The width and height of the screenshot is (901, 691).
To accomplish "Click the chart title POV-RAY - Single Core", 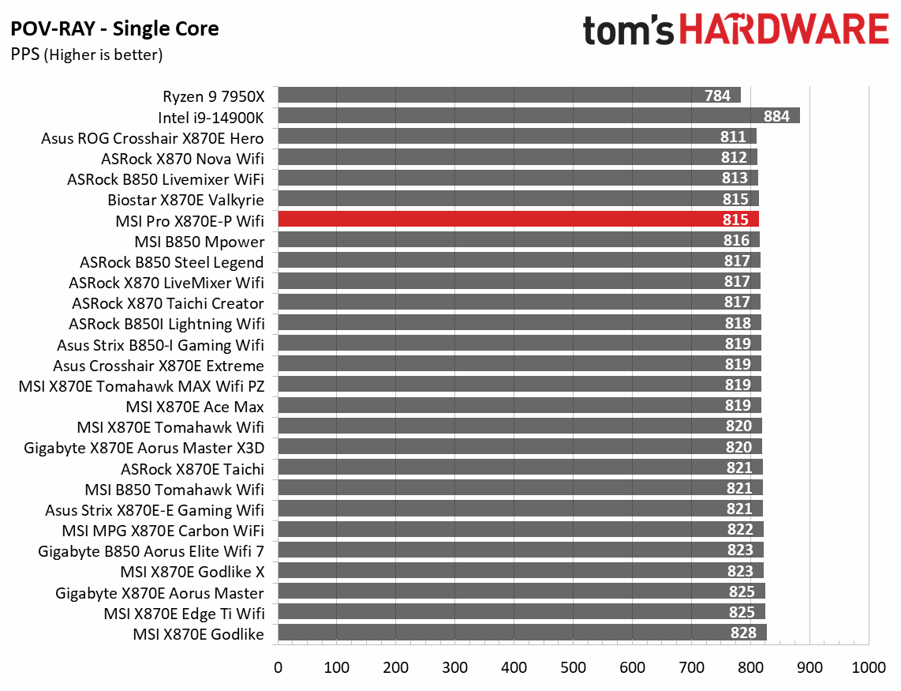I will click(x=114, y=29).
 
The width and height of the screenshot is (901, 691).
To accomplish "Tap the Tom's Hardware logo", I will click(x=735, y=31).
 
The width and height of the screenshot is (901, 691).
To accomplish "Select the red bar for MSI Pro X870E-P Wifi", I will click(x=518, y=220).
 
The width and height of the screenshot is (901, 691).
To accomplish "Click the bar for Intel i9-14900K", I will click(x=536, y=116).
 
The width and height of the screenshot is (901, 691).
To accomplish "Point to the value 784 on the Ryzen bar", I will click(x=717, y=96).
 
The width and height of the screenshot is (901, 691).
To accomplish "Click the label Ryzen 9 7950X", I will click(x=213, y=96).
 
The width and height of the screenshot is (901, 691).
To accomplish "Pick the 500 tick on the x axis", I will click(x=574, y=667).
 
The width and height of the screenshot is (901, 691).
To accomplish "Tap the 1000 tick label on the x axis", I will click(x=868, y=667).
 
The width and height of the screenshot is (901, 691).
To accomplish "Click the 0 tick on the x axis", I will click(x=278, y=667).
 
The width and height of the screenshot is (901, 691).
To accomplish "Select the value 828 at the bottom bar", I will click(x=743, y=633).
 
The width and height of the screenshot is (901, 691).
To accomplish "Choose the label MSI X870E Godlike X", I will click(x=192, y=571).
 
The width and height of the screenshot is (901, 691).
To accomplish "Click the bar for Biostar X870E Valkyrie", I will click(x=518, y=199).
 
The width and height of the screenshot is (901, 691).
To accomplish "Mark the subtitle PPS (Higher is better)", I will click(x=87, y=54).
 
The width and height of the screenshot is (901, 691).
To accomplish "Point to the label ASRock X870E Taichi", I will click(x=192, y=468).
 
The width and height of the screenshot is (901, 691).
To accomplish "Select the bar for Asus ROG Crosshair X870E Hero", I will click(x=517, y=137).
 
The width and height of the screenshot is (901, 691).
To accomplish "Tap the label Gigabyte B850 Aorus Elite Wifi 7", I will click(x=151, y=550).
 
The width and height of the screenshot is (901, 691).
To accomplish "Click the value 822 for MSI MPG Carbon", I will click(x=740, y=530).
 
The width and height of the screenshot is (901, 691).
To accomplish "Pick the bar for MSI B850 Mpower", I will click(x=518, y=241).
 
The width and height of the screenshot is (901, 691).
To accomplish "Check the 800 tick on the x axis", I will click(x=750, y=667).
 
